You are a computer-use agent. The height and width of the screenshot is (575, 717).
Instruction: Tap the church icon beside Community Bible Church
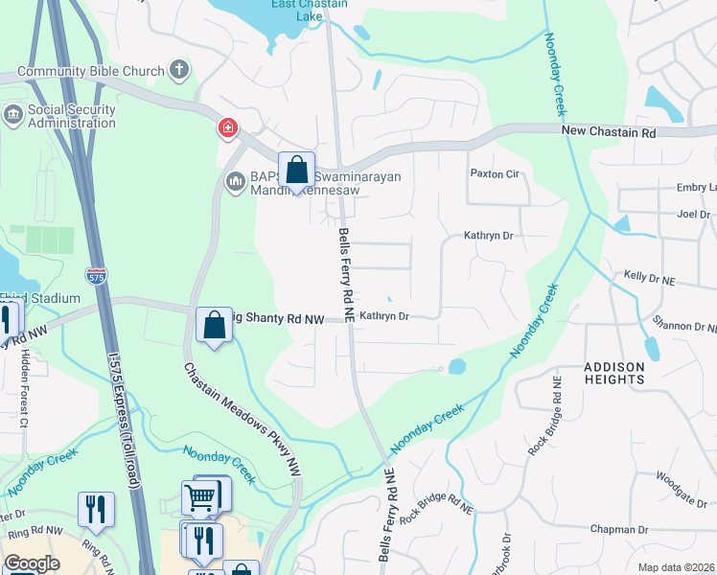point(178,69)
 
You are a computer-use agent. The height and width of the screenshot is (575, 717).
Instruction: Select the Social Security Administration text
point(72,116)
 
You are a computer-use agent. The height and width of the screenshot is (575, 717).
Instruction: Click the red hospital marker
point(228,127)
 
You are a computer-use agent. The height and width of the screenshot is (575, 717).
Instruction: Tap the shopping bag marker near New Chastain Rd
point(297,172)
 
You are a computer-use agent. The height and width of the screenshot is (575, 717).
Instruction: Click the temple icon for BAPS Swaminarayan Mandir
point(235,180)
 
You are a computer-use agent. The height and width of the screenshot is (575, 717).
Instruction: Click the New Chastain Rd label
point(608,131)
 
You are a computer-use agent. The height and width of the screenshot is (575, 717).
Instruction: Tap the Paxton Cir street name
point(494,174)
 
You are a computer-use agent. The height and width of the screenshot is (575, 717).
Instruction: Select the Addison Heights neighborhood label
point(613,373)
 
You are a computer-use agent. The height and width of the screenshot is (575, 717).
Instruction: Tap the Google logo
point(32,563)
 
